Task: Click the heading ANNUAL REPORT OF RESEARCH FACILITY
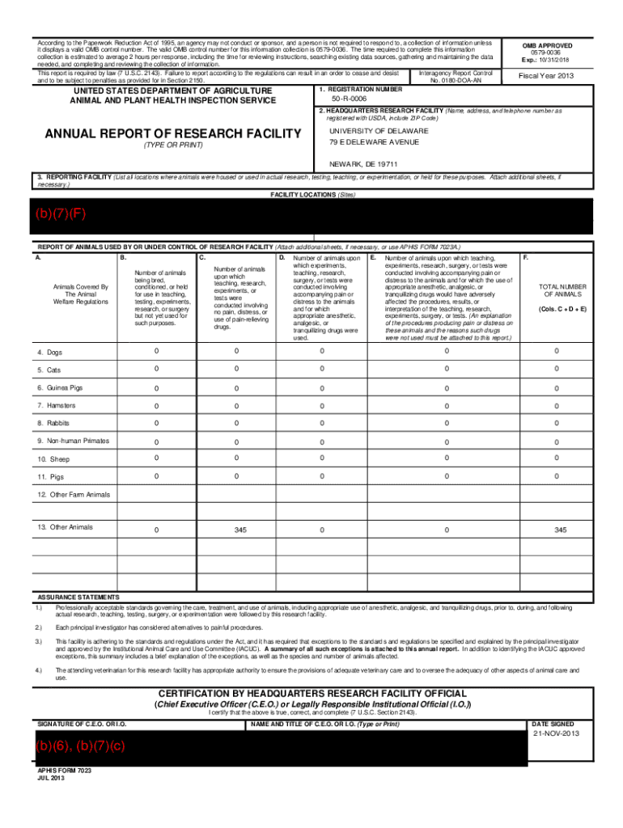[172, 133]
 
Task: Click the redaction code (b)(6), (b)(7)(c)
[79, 746]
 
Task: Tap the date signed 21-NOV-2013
[556, 734]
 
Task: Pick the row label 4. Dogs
[49, 352]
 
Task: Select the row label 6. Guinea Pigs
[59, 387]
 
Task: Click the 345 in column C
[240, 530]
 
